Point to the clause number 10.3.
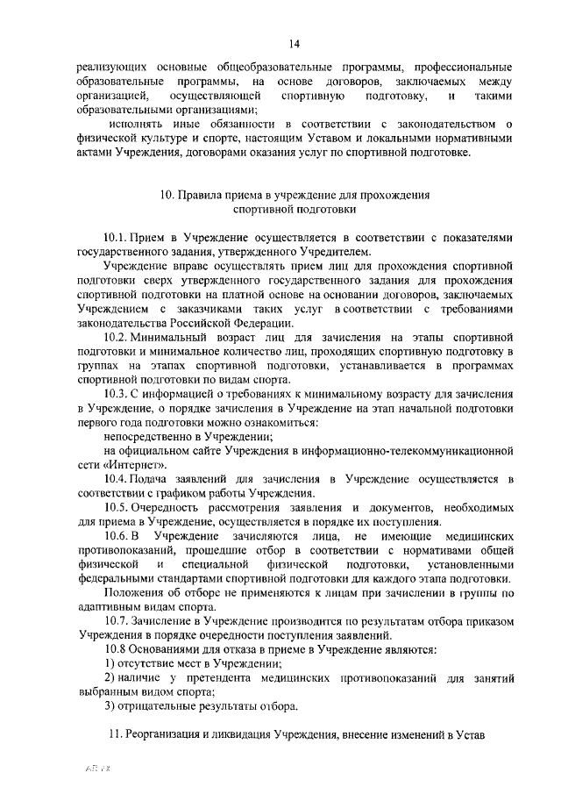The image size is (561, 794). pyautogui.click(x=116, y=392)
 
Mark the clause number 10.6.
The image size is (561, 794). pyautogui.click(x=116, y=535)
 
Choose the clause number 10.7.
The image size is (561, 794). pyautogui.click(x=116, y=620)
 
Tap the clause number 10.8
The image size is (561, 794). pyautogui.click(x=116, y=649)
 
